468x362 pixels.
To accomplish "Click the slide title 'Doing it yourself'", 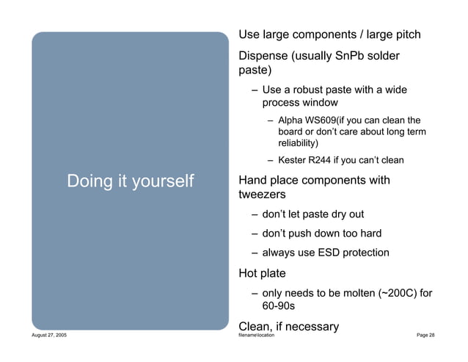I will tap(130, 181).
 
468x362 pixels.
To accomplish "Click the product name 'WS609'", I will tap(320, 120).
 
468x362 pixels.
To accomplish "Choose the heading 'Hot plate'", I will tap(262, 274).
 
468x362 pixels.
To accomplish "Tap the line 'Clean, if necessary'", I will tap(288, 327).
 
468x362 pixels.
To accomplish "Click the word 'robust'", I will tap(305, 90).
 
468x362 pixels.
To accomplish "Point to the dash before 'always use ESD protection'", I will tap(253, 253).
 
